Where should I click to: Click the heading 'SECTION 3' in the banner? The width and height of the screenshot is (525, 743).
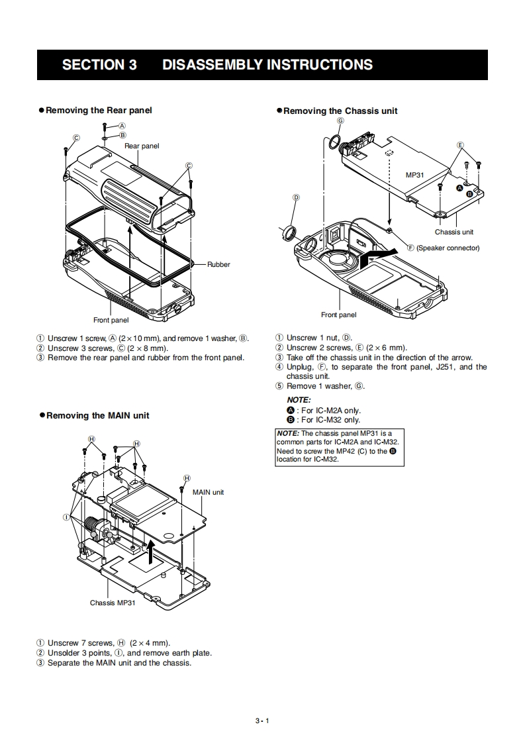(x=99, y=65)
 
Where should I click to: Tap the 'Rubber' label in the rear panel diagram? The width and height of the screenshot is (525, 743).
(x=218, y=264)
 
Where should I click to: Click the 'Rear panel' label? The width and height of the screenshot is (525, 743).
(x=142, y=146)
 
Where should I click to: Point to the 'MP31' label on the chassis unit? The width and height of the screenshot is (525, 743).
(x=414, y=175)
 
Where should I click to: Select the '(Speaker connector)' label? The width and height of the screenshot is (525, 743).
(x=448, y=248)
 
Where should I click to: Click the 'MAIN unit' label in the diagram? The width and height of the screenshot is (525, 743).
(x=208, y=492)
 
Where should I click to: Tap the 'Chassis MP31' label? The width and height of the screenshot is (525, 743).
(x=113, y=603)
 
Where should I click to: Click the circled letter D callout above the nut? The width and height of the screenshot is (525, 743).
(x=296, y=197)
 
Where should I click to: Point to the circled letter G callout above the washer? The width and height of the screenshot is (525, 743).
(x=340, y=121)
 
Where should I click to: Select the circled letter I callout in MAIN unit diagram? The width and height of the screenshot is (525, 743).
(x=67, y=517)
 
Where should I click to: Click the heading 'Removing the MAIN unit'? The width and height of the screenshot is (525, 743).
(x=97, y=416)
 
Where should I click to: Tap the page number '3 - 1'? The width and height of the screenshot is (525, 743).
(x=262, y=721)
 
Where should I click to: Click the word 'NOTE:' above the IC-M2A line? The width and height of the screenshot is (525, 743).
(x=299, y=400)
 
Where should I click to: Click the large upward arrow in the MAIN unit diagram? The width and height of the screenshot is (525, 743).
(x=152, y=550)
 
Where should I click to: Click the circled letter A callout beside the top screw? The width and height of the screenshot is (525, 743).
(x=122, y=126)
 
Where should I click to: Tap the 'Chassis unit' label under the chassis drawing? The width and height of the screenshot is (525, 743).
(x=454, y=232)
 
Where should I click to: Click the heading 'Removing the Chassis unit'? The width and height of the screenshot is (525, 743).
(x=340, y=111)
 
